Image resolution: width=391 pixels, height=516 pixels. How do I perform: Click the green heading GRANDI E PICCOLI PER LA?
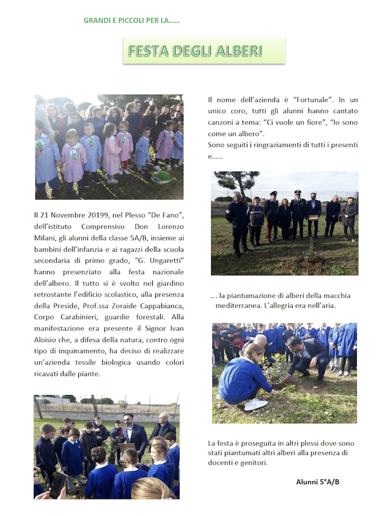(132, 21)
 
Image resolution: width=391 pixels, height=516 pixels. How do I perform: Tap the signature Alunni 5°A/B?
(318, 482)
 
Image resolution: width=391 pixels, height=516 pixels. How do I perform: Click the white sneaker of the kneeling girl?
(255, 404)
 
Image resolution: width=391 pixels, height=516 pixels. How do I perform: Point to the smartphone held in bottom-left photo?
(57, 485)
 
